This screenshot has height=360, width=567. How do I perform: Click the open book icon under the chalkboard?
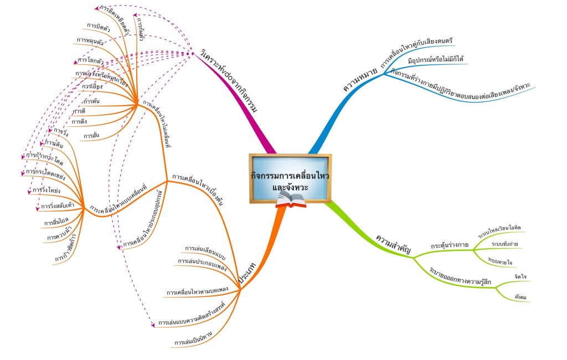click(x=291, y=204)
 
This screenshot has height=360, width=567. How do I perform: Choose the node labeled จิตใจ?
click(x=519, y=275)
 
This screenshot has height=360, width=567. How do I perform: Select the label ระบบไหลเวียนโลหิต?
click(x=506, y=228)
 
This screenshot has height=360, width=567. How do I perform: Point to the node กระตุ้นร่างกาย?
click(x=450, y=245)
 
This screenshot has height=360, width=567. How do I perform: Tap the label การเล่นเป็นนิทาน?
click(x=193, y=343)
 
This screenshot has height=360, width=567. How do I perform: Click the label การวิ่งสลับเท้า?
click(x=58, y=205)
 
